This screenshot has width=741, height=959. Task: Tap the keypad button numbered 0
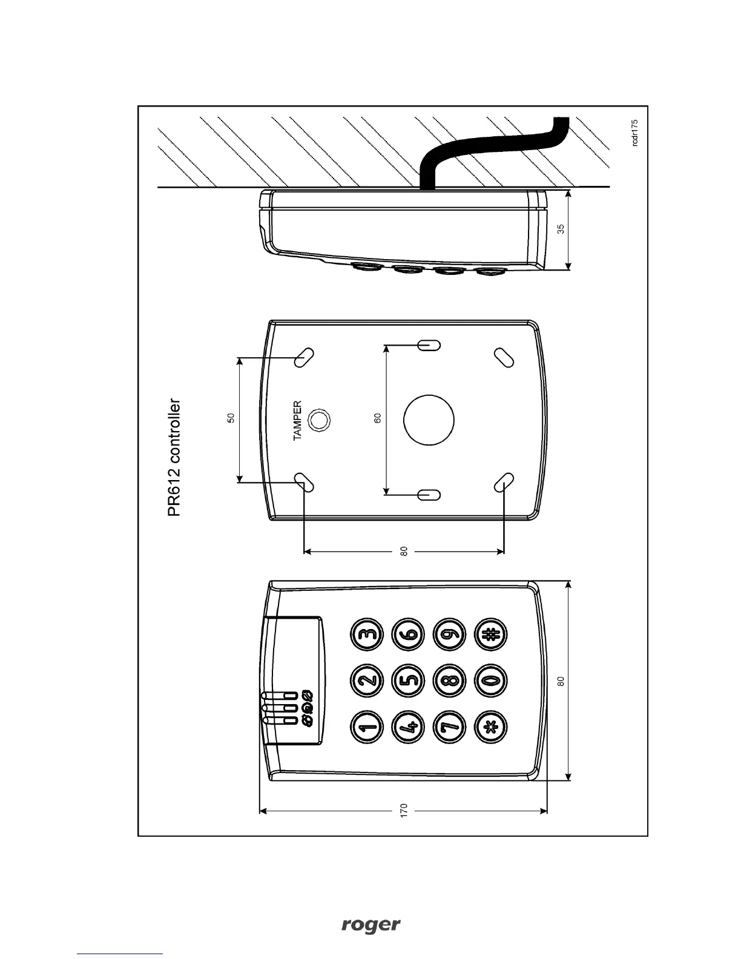tap(490, 681)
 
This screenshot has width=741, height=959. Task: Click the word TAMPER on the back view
tap(297, 420)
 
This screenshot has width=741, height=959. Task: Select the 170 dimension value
tap(404, 810)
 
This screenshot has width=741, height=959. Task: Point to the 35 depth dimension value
tap(561, 229)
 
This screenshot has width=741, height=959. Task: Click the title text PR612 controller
tap(174, 457)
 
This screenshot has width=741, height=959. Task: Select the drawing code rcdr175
tap(634, 132)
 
